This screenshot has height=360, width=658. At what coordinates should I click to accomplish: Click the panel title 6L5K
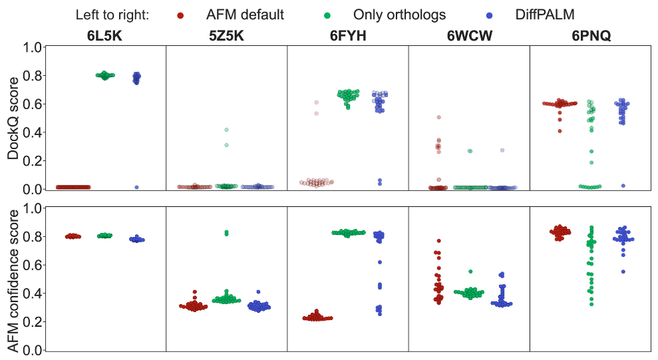(x=104, y=37)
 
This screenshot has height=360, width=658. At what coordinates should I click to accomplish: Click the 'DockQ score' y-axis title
(x=13, y=117)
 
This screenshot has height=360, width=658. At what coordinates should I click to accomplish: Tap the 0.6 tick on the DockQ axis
(x=33, y=104)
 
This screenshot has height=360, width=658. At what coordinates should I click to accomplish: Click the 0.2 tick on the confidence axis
(x=33, y=322)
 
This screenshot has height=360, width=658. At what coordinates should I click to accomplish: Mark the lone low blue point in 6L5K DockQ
(x=136, y=188)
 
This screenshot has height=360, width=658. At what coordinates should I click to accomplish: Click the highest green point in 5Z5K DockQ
(x=226, y=130)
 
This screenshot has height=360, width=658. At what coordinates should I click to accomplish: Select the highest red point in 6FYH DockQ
(x=317, y=102)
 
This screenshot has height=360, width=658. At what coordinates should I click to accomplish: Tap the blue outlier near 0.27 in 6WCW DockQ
(x=502, y=150)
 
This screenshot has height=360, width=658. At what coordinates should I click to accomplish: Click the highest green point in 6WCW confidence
(x=470, y=271)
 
